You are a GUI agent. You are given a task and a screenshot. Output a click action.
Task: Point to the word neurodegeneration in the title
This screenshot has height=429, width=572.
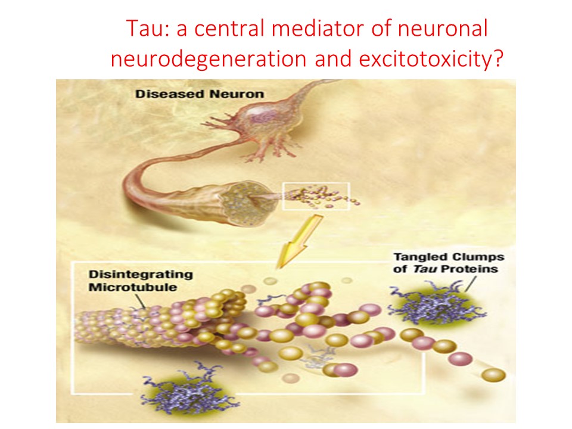[222, 59]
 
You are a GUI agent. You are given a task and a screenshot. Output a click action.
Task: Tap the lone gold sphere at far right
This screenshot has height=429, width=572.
[494, 375]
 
